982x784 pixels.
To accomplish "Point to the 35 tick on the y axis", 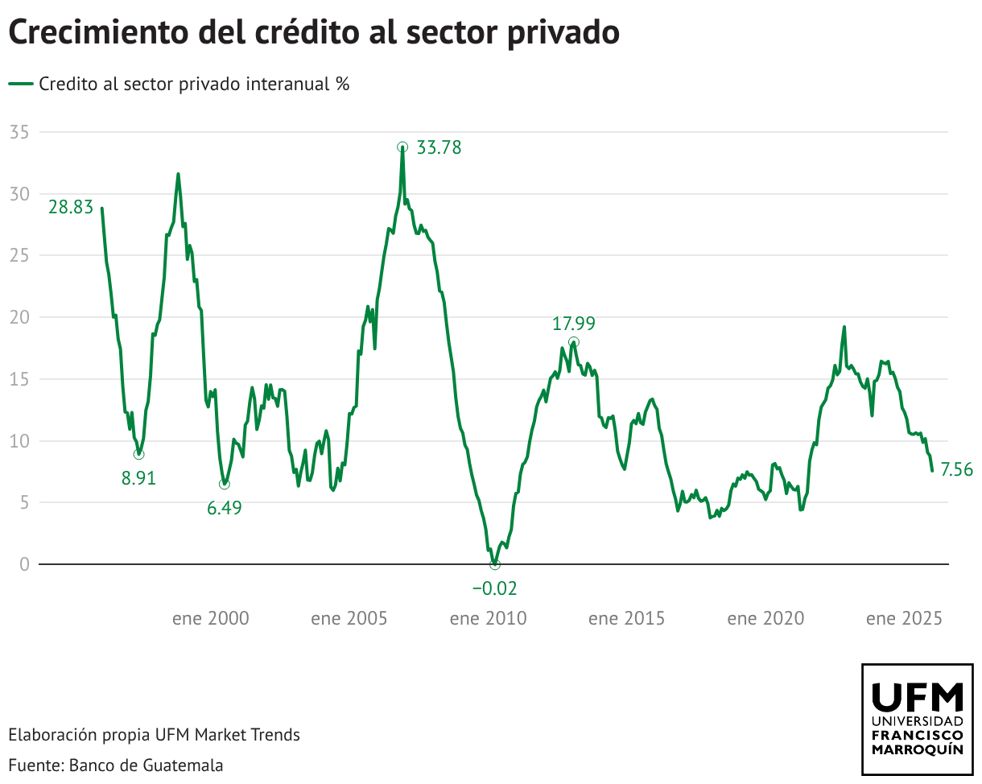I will (x=19, y=132).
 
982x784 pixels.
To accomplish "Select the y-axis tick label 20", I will (x=19, y=317).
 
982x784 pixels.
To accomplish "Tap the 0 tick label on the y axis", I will (x=23, y=564).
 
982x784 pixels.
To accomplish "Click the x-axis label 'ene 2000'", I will (x=211, y=618).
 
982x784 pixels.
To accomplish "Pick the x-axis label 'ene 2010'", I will (x=489, y=618).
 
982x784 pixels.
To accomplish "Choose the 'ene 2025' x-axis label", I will (x=904, y=618).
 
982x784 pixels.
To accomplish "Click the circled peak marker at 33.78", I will (x=402, y=147).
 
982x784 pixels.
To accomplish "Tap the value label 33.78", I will (x=439, y=148).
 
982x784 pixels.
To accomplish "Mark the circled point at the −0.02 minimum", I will (x=494, y=564).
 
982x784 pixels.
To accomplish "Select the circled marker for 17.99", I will (x=573, y=342).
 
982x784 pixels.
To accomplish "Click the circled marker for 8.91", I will (x=138, y=455).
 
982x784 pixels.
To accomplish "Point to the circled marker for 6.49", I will (x=224, y=484).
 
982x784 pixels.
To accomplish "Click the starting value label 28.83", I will (x=71, y=207).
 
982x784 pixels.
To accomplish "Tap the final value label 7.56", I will (x=956, y=470).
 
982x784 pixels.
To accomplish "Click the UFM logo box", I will (x=917, y=719).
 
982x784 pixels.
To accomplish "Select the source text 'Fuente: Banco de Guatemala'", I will (x=116, y=765).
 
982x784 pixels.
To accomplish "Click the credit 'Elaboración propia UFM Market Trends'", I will (x=154, y=734).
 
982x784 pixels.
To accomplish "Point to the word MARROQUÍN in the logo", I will (x=917, y=749).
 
